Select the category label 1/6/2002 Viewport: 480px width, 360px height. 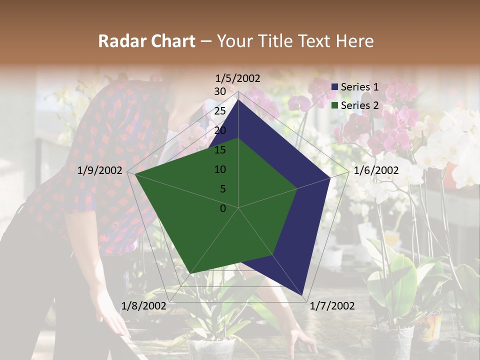tap(376, 170)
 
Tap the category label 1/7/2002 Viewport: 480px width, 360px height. tap(332, 306)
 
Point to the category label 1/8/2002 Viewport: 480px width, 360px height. tap(144, 306)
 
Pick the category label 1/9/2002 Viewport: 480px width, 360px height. tap(100, 170)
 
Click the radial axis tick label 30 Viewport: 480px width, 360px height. tap(220, 91)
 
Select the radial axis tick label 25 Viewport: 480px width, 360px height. tap(220, 111)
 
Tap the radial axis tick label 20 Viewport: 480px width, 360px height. tap(220, 130)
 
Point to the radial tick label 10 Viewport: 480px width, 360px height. tap(220, 169)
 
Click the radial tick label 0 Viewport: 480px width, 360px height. tap(223, 208)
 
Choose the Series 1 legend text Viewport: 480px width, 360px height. tap(359, 87)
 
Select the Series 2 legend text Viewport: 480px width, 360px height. tap(359, 105)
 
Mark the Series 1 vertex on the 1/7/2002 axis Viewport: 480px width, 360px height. tap(303, 295)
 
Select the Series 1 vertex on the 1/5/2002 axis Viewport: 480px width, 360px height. tap(238, 99)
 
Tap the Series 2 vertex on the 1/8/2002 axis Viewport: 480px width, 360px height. tap(191, 273)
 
